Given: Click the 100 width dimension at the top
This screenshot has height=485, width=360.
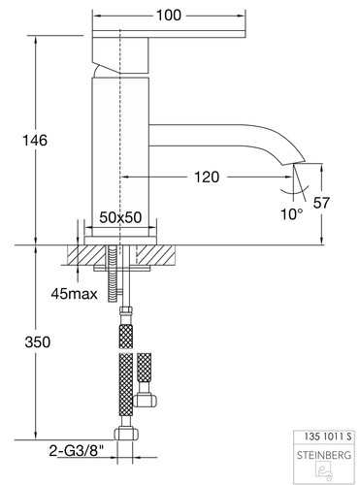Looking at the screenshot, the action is [169, 16].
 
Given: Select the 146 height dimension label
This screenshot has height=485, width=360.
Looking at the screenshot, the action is [35, 141].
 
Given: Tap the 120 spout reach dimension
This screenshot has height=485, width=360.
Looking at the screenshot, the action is [207, 177].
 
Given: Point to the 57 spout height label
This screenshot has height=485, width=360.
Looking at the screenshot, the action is [321, 203].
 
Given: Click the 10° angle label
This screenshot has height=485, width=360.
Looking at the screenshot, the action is [292, 214].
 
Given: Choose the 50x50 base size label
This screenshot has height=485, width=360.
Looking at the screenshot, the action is [120, 217].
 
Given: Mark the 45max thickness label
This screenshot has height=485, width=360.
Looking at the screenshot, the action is [74, 294].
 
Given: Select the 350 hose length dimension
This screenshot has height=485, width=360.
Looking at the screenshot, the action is [38, 342].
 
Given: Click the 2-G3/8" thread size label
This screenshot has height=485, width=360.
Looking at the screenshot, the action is [77, 450].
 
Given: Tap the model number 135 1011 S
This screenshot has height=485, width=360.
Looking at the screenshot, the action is [327, 436].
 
